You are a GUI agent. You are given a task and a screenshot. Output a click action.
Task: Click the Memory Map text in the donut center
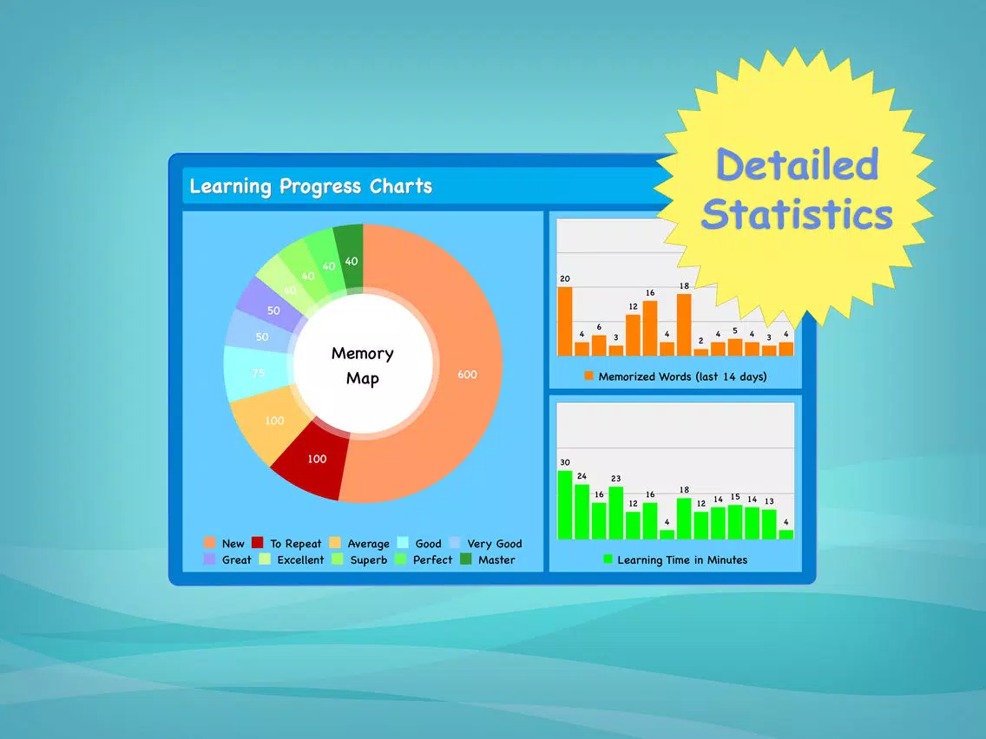click(x=363, y=366)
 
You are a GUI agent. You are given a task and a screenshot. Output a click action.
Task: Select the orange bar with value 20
click(x=565, y=321)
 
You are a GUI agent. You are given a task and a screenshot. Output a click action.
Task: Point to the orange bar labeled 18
click(x=684, y=324)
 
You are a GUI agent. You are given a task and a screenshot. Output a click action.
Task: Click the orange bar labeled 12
click(x=634, y=335)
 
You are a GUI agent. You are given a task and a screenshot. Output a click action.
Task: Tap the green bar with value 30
click(x=565, y=505)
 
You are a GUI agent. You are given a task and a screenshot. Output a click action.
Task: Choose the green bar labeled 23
click(x=616, y=513)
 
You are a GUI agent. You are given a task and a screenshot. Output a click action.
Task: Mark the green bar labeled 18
click(x=684, y=519)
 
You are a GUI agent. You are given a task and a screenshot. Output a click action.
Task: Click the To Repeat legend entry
click(x=286, y=544)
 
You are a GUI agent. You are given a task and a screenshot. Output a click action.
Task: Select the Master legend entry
click(x=488, y=559)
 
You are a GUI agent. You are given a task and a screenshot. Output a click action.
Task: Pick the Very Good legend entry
click(x=486, y=544)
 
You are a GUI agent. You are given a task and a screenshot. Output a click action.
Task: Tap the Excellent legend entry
click(x=292, y=559)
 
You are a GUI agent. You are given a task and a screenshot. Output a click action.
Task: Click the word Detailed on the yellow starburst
click(x=798, y=165)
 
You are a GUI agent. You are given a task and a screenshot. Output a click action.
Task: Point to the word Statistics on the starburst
click(x=798, y=213)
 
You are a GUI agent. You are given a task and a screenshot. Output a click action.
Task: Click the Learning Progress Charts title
click(x=311, y=186)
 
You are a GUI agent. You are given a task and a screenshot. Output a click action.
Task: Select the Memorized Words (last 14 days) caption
click(x=676, y=376)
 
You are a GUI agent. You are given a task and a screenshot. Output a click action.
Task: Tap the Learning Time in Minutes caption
click(x=676, y=560)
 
